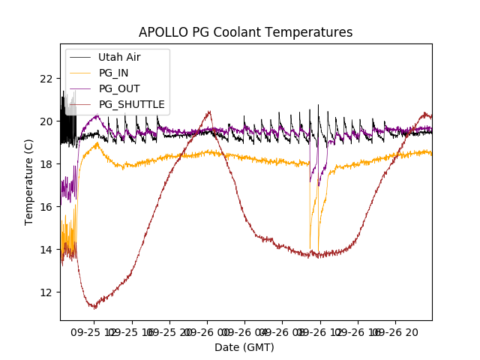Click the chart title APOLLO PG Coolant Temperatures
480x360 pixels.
pyautogui.click(x=245, y=32)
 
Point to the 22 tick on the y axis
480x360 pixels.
pyautogui.click(x=46, y=79)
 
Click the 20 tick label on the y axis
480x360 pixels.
pyautogui.click(x=46, y=121)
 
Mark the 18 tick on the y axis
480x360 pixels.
pyautogui.click(x=46, y=164)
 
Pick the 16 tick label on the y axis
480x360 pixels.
pyautogui.click(x=46, y=207)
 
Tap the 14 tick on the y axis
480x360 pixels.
pyautogui.click(x=46, y=250)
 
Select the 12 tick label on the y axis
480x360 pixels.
pyautogui.click(x=46, y=292)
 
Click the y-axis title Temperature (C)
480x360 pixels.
pyautogui.click(x=29, y=181)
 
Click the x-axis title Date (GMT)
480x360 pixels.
pyautogui.click(x=244, y=347)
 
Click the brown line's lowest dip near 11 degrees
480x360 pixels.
pyautogui.click(x=94, y=307)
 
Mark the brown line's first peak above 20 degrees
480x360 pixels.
pyautogui.click(x=209, y=112)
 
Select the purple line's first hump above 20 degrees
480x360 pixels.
pyautogui.click(x=96, y=115)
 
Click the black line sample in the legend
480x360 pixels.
pyautogui.click(x=80, y=57)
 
